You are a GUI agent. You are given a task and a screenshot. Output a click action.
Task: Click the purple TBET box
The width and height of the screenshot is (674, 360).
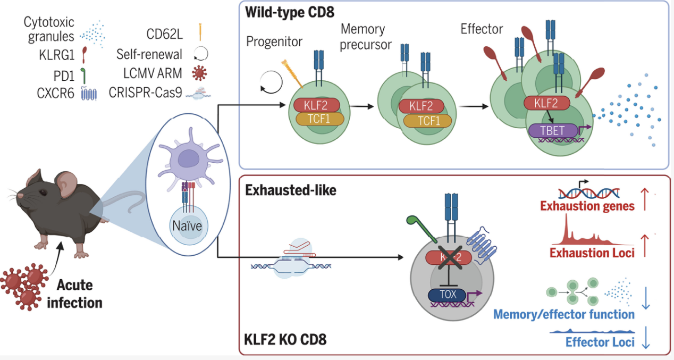coord(553,131)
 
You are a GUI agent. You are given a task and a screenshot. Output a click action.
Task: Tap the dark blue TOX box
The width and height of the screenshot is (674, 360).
coord(447,295)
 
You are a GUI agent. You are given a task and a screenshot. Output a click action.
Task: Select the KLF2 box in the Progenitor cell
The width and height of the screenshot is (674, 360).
coord(316,105)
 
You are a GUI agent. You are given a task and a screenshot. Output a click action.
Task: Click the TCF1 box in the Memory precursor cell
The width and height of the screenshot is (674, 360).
coord(427,121)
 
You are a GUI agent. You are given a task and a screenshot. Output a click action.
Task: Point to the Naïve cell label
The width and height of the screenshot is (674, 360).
coord(187,226)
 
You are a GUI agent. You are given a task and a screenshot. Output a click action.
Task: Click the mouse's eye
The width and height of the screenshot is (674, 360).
coord(43,192)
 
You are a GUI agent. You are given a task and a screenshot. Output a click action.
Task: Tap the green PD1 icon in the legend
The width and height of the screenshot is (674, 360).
coord(83,76)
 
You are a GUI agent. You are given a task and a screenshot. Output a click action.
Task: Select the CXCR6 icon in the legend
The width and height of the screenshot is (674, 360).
coord(89,93)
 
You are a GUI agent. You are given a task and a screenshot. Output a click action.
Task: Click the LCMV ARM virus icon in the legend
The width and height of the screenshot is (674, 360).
coord(199,73)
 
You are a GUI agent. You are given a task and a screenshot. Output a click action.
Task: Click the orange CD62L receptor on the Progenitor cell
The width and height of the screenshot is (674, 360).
coord(292,74)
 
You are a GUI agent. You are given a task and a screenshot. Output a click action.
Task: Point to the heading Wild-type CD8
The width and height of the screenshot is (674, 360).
coord(290,12)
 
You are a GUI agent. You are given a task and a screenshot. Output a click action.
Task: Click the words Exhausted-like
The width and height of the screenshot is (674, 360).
coord(291,190)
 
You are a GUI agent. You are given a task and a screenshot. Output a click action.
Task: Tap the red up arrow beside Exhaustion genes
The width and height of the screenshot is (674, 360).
coord(645,199)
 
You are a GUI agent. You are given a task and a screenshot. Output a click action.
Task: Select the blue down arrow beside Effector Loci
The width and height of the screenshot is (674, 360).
coord(646,338)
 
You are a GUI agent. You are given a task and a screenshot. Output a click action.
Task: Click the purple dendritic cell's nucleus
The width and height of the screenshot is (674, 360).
coord(188,158)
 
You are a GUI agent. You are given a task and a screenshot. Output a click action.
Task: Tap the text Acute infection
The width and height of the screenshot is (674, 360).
coord(74,294)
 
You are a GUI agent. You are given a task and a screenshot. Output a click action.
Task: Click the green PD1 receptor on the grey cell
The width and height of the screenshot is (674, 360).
coord(422,229)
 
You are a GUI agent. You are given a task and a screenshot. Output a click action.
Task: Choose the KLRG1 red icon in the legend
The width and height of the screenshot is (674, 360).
coord(84,55)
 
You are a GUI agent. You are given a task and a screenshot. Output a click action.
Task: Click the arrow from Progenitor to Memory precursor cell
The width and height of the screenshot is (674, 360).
coord(361,106)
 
